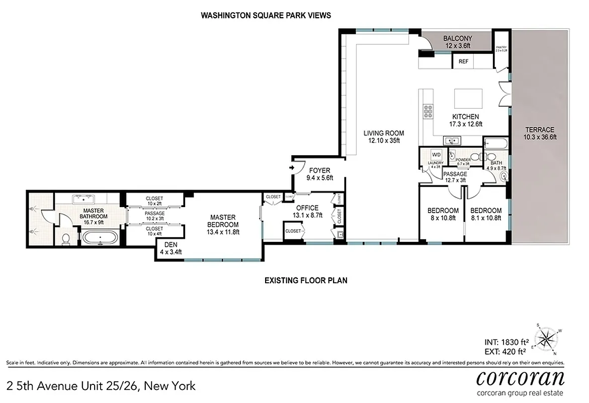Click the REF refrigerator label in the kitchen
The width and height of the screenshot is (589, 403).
pyautogui.click(x=463, y=61)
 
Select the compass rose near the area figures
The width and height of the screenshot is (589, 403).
pyautogui.click(x=547, y=338)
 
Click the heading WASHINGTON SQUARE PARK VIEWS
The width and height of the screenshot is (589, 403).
pyautogui.click(x=266, y=15)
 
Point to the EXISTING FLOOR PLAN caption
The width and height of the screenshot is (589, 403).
pyautogui.click(x=306, y=280)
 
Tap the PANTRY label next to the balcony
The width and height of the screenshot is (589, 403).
pyautogui.click(x=501, y=48)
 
